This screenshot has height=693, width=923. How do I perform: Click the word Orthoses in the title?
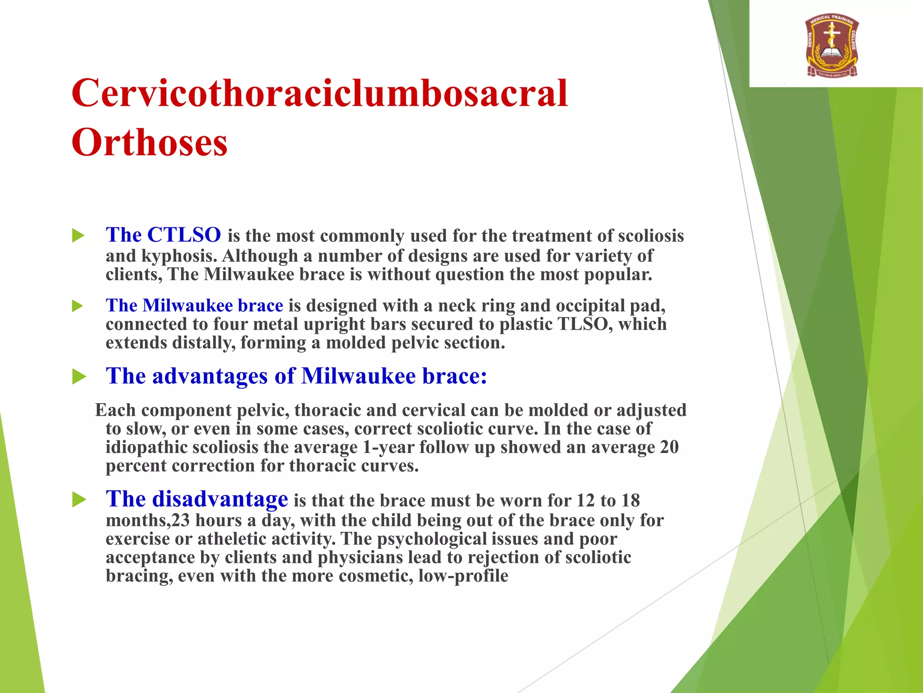coord(149,143)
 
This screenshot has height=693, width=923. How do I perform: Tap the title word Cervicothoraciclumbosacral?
coord(319,93)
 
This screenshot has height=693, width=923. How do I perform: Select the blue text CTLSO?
coord(184,235)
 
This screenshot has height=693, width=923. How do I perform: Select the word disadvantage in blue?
coord(220,499)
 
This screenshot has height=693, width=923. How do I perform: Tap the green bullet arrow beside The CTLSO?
coord(78,236)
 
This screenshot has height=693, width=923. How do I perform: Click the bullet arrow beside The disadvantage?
coord(79,500)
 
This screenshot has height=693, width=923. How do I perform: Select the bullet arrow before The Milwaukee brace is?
coord(78,306)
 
